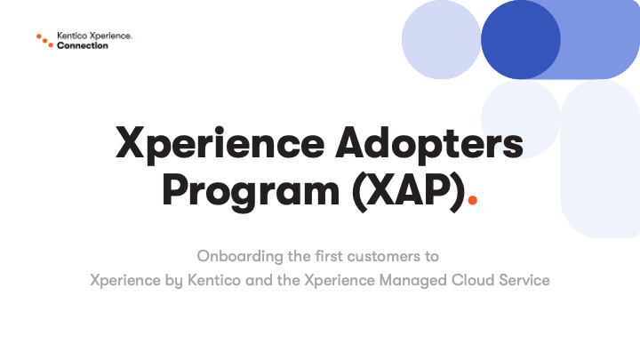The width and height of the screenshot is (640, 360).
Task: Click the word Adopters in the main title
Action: tap(429, 143)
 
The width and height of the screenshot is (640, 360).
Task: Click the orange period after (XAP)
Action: tap(472, 200)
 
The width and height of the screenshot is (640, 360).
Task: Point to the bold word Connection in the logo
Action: tap(83, 45)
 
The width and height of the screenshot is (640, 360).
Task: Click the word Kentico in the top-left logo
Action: tap(72, 36)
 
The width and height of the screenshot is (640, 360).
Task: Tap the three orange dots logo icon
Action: tap(45, 40)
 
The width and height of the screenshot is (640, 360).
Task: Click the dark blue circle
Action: tap(520, 40)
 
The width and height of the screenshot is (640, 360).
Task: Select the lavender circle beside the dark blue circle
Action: tap(441, 40)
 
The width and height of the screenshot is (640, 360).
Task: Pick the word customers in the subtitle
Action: tap(384, 256)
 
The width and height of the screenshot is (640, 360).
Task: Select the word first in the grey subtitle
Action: tap(329, 256)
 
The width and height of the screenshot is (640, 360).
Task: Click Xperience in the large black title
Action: tap(220, 144)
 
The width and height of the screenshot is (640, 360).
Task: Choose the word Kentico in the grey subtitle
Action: tap(214, 280)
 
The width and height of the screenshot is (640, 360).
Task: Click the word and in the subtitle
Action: tap(259, 280)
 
